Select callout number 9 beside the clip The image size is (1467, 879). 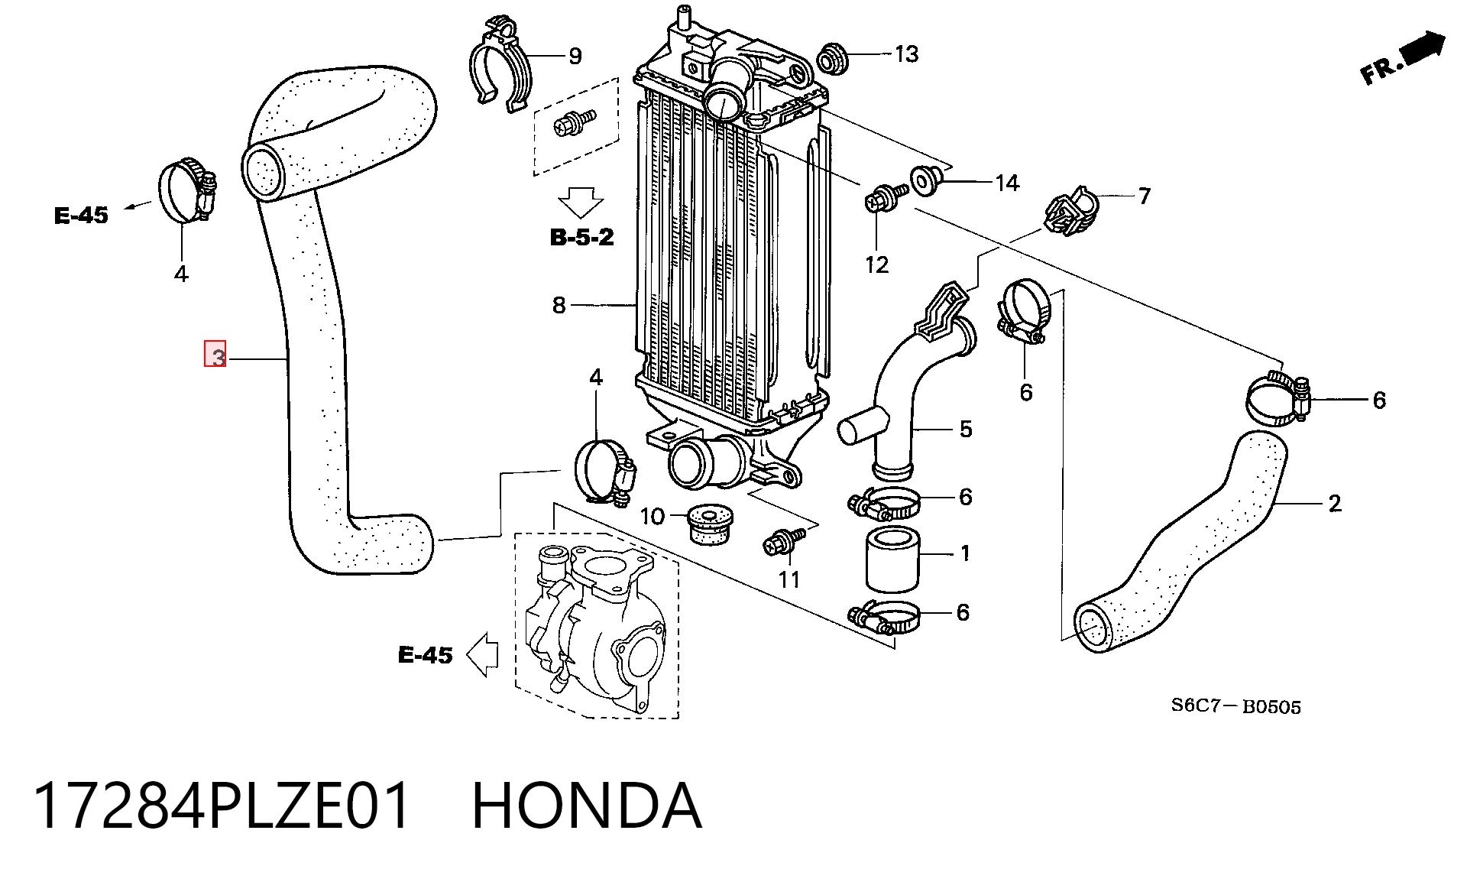tap(575, 56)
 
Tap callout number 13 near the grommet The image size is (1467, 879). tap(906, 54)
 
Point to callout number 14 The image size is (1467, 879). tap(1007, 183)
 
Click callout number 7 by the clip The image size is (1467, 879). tap(1144, 196)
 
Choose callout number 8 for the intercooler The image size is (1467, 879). tap(559, 306)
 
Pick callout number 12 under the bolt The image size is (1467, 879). tap(876, 264)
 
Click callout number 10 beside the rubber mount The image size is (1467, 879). tap(652, 517)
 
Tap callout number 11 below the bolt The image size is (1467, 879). tap(789, 580)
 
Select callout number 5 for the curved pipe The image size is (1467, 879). tap(966, 429)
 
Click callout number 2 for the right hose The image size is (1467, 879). tap(1334, 504)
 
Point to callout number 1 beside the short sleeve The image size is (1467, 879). tap(965, 553)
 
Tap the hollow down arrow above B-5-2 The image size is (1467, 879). tap(580, 203)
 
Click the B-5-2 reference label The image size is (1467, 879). tap(581, 237)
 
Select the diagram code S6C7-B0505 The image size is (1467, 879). tap(1235, 705)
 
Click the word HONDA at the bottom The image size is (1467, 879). tap(586, 805)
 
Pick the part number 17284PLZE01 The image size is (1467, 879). tap(222, 805)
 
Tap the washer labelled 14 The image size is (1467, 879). tap(925, 180)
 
